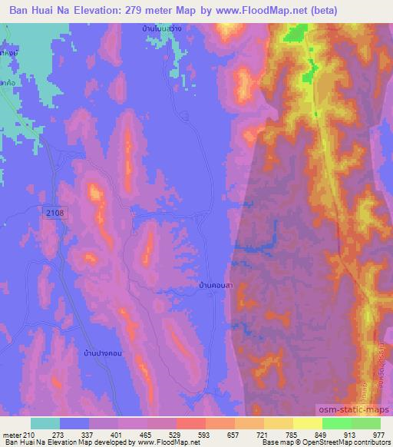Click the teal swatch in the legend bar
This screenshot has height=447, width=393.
click(45, 423)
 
